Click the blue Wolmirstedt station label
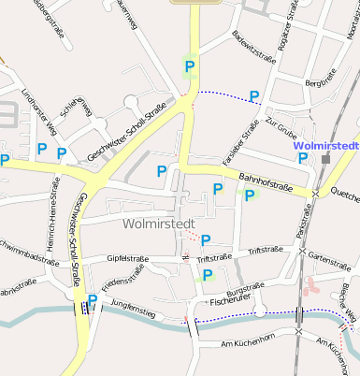click(x=325, y=147)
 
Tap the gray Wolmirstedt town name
click(x=161, y=224)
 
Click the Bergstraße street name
click(x=321, y=84)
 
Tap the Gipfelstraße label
click(x=129, y=257)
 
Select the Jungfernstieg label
click(x=132, y=305)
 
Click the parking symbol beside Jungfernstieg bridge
click(x=92, y=300)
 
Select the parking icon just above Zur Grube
click(x=254, y=95)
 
